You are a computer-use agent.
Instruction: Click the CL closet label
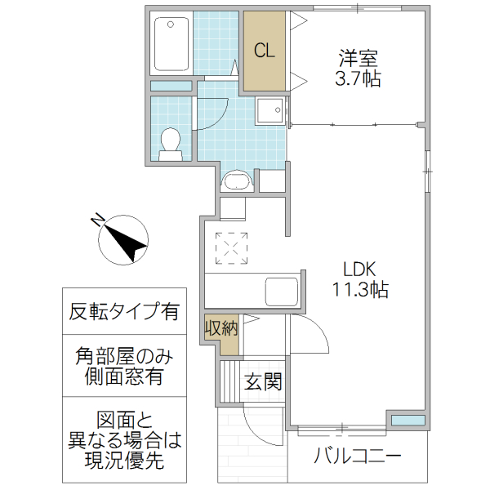(264, 51)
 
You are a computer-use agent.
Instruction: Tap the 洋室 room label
(359, 59)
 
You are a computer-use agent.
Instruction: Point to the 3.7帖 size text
(359, 79)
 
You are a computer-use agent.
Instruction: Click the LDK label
(359, 269)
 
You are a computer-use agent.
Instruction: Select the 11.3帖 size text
(359, 288)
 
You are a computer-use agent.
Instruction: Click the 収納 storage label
(221, 329)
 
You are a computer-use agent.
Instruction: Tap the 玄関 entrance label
(263, 381)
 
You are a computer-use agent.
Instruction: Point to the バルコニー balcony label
(358, 456)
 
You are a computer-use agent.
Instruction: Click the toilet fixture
(171, 142)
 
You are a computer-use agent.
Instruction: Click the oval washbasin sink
(235, 180)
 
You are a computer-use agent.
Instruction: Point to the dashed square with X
(232, 247)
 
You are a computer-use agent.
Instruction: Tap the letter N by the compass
(96, 220)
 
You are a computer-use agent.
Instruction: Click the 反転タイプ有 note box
(124, 312)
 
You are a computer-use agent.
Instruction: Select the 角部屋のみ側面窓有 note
(124, 366)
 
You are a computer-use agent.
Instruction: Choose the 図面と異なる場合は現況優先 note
(124, 441)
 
